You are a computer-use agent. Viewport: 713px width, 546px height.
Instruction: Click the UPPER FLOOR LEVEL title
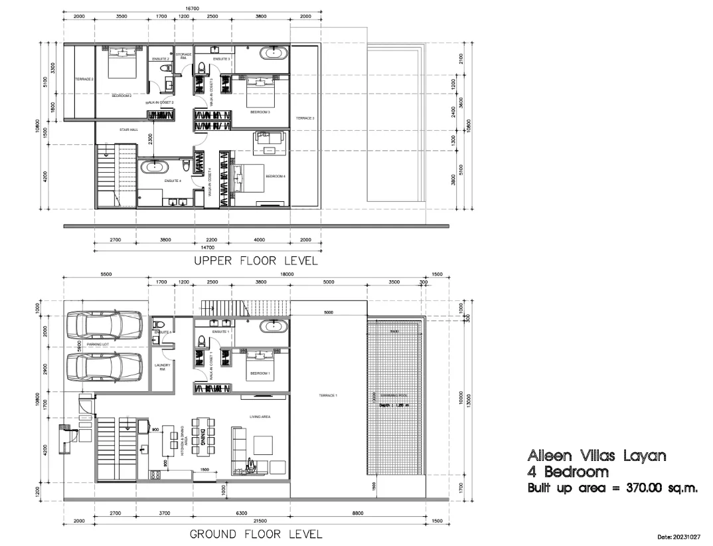point(256,261)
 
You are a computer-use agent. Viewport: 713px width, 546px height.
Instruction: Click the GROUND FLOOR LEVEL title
point(256,534)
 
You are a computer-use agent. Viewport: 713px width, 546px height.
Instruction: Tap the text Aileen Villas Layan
point(595,456)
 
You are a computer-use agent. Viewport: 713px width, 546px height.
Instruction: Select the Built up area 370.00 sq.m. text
point(612,488)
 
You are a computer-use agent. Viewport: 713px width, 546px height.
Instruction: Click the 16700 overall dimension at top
point(192,9)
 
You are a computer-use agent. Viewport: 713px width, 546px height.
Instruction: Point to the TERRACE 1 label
point(327,396)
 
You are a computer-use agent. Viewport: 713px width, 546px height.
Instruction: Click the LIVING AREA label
point(260,416)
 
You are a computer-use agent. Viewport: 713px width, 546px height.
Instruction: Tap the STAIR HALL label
point(128,130)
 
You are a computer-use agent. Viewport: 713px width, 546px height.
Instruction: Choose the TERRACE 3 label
point(304,118)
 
